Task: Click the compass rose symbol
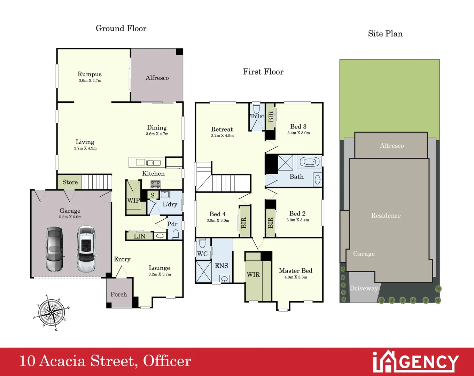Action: pyautogui.click(x=52, y=312)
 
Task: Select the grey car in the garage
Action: pyautogui.click(x=55, y=249)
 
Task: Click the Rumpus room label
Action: pyautogui.click(x=90, y=74)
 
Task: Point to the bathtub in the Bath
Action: pyautogui.click(x=309, y=162)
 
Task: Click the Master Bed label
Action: pyautogui.click(x=295, y=271)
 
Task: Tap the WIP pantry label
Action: pyautogui.click(x=133, y=201)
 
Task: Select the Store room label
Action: pyautogui.click(x=70, y=182)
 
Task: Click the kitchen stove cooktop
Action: pyautogui.click(x=155, y=185)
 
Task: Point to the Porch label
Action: pyautogui.click(x=119, y=294)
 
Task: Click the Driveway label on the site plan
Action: pyautogui.click(x=364, y=288)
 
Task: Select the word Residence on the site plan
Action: pyautogui.click(x=386, y=216)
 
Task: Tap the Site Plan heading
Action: pyautogui.click(x=385, y=34)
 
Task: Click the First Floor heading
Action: pyautogui.click(x=263, y=72)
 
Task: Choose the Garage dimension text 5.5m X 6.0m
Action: pyautogui.click(x=70, y=217)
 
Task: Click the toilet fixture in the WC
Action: pyautogui.click(x=203, y=243)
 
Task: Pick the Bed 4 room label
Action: pyautogui.click(x=217, y=214)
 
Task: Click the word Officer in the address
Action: pyautogui.click(x=167, y=361)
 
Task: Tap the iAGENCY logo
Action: pyautogui.click(x=416, y=362)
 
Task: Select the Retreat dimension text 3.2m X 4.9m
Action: pyautogui.click(x=222, y=135)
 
